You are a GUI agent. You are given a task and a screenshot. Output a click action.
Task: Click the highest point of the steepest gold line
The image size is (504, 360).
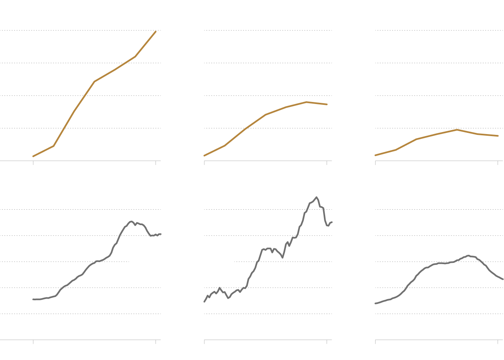coord(156,31)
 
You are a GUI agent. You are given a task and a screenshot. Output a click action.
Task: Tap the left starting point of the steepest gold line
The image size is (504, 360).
coord(33,156)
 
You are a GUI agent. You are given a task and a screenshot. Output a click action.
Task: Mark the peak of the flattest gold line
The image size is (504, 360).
coord(457,130)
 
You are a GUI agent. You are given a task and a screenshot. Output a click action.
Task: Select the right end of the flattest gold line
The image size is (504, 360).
coord(498,136)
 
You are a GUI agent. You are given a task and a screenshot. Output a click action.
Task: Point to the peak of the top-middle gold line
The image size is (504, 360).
coord(306,102)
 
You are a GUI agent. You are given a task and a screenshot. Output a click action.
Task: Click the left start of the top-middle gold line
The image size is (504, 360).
coord(204,155)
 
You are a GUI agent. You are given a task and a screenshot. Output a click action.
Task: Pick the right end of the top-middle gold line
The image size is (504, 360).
coord(327,104)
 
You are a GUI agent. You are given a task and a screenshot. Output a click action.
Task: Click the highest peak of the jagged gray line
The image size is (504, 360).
coord(316,197)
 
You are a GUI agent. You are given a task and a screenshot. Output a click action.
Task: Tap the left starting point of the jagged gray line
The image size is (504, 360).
coord(204,301)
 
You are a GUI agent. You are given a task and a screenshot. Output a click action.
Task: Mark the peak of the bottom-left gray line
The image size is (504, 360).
coord(131,221)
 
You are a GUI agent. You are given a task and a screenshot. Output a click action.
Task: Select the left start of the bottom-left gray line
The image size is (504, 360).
coord(33,299)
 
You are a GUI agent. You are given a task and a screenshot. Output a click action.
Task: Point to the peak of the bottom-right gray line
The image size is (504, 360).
coord(468,256)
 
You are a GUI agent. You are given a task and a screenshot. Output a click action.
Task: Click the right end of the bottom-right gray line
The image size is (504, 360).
coord(503,279)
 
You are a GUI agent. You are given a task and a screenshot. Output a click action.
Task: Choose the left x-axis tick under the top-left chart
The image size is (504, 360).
coord(33,163)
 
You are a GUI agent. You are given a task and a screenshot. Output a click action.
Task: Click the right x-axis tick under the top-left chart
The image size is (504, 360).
coord(156,163)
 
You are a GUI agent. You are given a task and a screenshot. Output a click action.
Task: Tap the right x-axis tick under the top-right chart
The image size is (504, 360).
coord(498,163)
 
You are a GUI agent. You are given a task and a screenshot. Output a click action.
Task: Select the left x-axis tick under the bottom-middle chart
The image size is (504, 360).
coord(204,342)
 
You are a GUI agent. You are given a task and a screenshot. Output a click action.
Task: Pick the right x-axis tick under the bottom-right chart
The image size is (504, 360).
coord(498,342)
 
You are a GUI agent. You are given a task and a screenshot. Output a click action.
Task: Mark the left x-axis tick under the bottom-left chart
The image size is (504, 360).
coord(33,342)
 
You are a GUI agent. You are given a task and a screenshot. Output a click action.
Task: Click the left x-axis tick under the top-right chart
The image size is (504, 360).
coord(376,163)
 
